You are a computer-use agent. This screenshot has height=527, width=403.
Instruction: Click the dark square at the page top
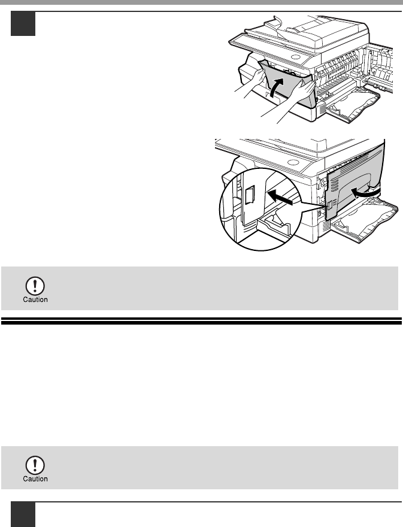pyautogui.click(x=23, y=23)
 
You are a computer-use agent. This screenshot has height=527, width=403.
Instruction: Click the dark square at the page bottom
pyautogui.click(x=23, y=514)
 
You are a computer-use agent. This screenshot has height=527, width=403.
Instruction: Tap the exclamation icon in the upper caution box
pyautogui.click(x=35, y=286)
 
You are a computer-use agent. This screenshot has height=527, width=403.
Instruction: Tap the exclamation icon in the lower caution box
pyautogui.click(x=35, y=465)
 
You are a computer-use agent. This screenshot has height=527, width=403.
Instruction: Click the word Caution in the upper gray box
pyautogui.click(x=35, y=299)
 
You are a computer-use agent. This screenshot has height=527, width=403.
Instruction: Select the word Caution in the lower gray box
pyautogui.click(x=35, y=479)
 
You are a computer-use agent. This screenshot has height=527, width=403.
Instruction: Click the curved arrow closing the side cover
pyautogui.click(x=366, y=193)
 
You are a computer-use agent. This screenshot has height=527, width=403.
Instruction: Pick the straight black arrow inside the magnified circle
pyautogui.click(x=280, y=197)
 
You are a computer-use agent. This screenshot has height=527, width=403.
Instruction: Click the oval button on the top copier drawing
pyautogui.click(x=295, y=57)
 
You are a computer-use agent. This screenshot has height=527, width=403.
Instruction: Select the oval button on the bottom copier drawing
pyautogui.click(x=293, y=162)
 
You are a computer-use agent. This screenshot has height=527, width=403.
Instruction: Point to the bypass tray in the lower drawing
pyautogui.click(x=365, y=220)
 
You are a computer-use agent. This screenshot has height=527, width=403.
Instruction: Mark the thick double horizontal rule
pyautogui.click(x=201, y=321)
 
